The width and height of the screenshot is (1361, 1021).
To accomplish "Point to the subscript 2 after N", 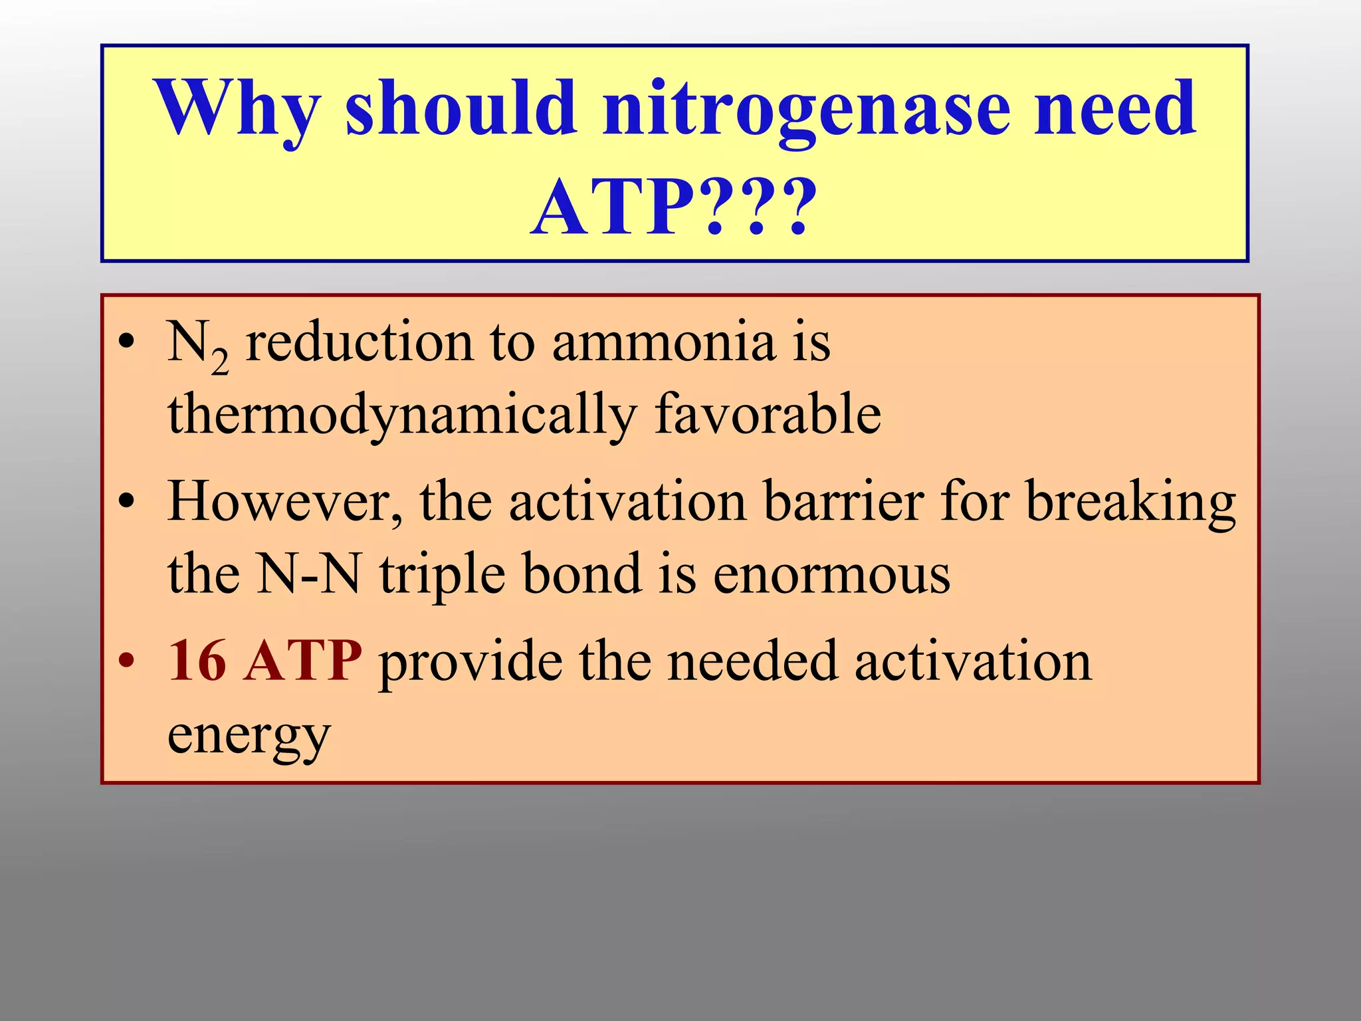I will point(221,363).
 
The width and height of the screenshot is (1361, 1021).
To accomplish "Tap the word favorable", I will point(768,413).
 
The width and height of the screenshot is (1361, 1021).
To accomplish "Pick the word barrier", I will point(843,502).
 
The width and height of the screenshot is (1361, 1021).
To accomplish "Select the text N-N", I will point(309,573).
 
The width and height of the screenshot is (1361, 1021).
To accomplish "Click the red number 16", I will point(197,661).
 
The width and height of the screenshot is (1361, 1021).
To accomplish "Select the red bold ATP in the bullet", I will point(303,661).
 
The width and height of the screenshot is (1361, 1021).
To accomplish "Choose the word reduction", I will point(359,343).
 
